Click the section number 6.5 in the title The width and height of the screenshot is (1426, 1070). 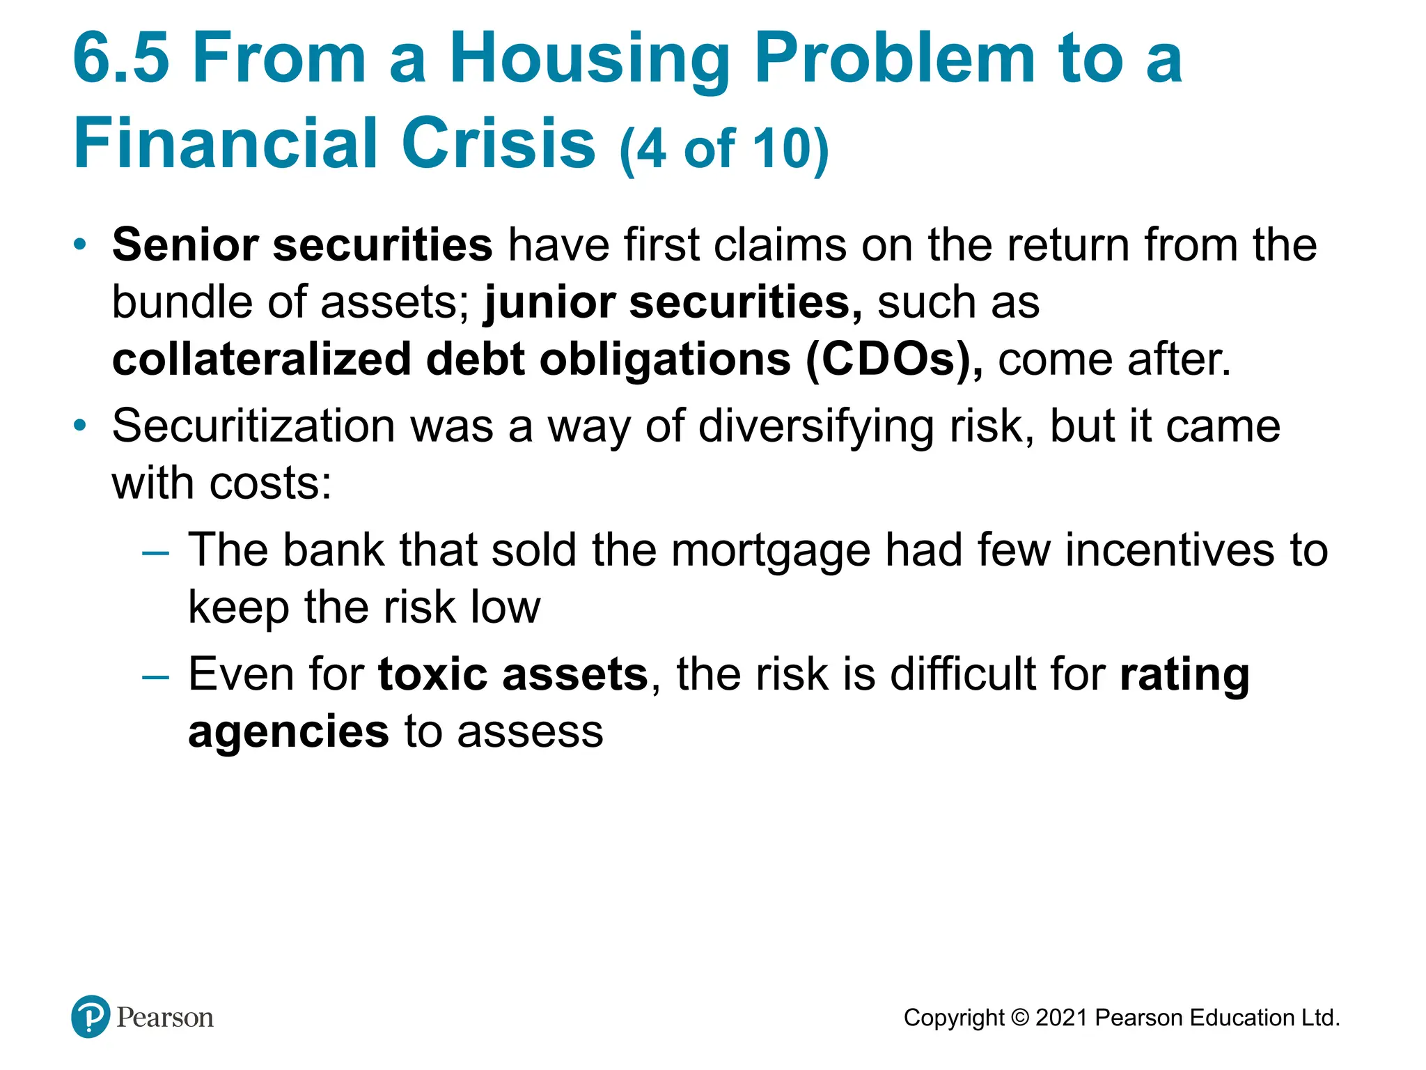coord(121,59)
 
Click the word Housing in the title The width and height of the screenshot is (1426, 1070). coord(589,59)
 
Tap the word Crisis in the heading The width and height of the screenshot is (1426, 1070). coord(499,144)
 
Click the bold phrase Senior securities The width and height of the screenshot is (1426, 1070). coord(302,245)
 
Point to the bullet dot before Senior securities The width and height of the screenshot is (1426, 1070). coord(81,245)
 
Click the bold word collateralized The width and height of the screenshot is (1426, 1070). coord(262,359)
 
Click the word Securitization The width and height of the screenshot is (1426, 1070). coord(253,426)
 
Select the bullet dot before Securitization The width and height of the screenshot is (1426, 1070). coord(81,425)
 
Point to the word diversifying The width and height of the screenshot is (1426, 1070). coord(816,426)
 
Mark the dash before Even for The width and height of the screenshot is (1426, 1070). coord(155,677)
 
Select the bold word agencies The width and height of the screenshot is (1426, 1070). coord(288,731)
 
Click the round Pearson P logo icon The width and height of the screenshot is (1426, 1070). coord(91,1016)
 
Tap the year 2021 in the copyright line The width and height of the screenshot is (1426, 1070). coord(1062,1018)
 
